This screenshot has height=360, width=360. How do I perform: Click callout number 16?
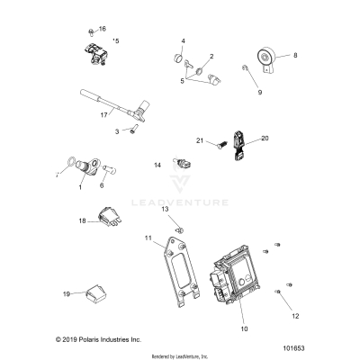click(x=102, y=29)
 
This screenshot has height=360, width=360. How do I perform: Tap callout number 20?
click(x=265, y=139)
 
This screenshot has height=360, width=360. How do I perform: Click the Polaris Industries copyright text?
click(x=74, y=340)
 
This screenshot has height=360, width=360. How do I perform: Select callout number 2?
click(x=211, y=57)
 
